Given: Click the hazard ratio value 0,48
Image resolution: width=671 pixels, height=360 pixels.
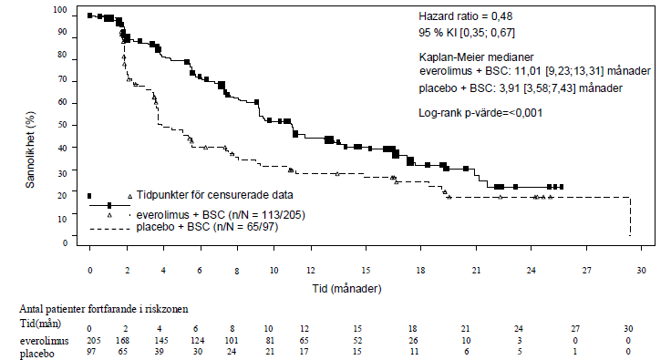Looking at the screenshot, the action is point(501,16).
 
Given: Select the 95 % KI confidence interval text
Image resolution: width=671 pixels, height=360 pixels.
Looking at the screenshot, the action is point(467,33).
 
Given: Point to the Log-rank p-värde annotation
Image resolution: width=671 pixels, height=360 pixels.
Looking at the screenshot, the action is point(480,113).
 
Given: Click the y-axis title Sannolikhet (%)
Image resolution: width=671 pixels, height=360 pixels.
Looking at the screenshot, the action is point(30,149).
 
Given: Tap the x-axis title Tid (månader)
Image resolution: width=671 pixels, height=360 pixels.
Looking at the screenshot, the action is point(347,289).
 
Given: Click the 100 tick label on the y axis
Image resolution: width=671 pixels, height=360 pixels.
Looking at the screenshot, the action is point(60,10).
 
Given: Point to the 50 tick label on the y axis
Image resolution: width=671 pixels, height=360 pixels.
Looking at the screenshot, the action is point(63,125).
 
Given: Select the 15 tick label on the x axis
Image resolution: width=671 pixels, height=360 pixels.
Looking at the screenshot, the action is point(366,270).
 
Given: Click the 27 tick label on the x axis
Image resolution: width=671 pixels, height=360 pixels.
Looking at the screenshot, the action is point(586,270).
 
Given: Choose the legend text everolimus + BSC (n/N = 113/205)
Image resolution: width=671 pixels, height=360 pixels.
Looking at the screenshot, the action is point(221,214).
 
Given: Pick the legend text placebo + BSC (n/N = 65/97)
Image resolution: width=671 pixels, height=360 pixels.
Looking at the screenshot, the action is point(207,227).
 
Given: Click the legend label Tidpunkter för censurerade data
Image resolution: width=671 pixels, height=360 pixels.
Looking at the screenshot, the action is point(215,195).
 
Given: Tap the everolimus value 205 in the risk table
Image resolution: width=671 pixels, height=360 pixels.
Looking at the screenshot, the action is point(94,341).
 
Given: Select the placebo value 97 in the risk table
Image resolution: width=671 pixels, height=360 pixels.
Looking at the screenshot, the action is point(91,352).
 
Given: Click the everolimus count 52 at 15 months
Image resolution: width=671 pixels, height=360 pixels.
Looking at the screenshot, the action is point(357,341).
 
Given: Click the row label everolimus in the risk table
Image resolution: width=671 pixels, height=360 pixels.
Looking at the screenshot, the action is point(44,341).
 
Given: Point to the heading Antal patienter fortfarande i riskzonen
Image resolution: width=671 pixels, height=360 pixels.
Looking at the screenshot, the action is point(104,309).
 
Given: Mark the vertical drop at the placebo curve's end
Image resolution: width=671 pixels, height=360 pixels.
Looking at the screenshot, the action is point(630,217).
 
